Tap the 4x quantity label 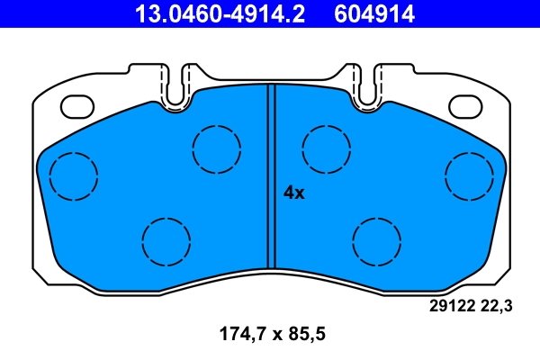pyautogui.click(x=294, y=192)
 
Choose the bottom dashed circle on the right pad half pyautogui.click(x=376, y=240)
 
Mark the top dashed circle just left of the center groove pyautogui.click(x=217, y=148)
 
